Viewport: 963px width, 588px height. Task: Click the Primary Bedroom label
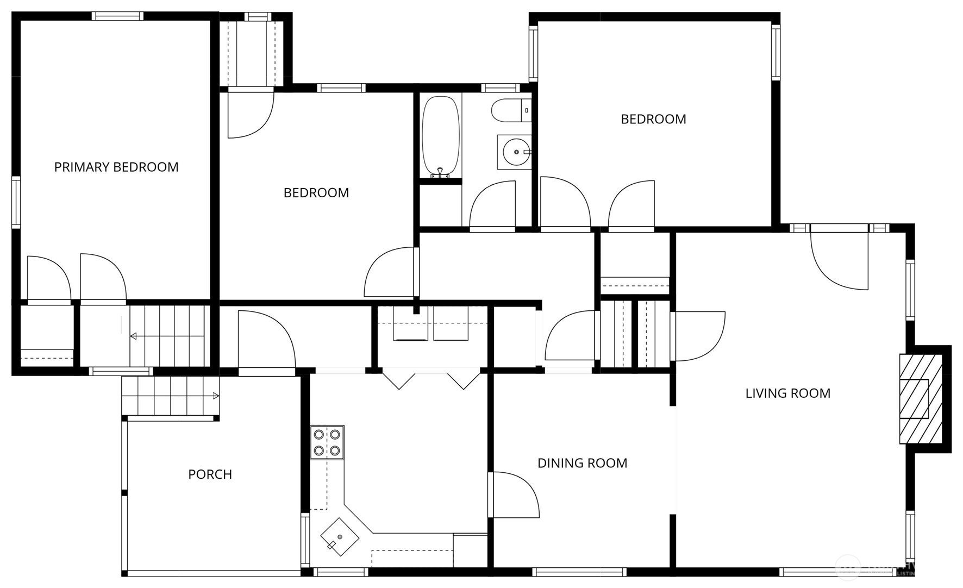(116, 167)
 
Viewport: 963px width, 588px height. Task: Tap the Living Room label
(787, 393)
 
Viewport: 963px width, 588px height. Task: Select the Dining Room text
(582, 463)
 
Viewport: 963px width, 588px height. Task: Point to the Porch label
(210, 474)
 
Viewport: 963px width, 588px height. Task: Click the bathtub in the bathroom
(440, 135)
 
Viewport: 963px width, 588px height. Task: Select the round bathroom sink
(514, 152)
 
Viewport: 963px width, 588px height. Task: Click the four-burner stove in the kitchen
(327, 442)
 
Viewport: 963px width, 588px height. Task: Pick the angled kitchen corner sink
(340, 537)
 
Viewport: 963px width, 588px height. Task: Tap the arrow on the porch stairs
(215, 396)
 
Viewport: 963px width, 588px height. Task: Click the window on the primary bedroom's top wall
(117, 16)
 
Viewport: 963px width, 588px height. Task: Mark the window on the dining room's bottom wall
(579, 572)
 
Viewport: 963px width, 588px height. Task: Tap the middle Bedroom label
(316, 192)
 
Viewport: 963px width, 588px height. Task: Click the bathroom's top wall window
(500, 87)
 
